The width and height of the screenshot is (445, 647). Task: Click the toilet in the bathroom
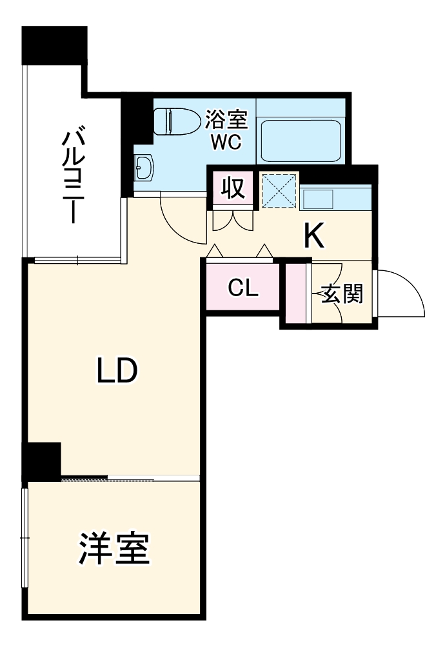[x=175, y=121]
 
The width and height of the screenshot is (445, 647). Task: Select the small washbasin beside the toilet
[x=143, y=169]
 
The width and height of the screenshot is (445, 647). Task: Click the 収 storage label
[x=233, y=188]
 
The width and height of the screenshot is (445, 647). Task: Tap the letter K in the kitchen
[x=314, y=237]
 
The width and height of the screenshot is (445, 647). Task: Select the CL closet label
[x=243, y=288]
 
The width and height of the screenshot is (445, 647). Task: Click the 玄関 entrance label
[x=342, y=294]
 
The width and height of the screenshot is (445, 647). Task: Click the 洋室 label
[x=115, y=549]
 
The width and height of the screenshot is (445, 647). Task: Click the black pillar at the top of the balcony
[x=54, y=45]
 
